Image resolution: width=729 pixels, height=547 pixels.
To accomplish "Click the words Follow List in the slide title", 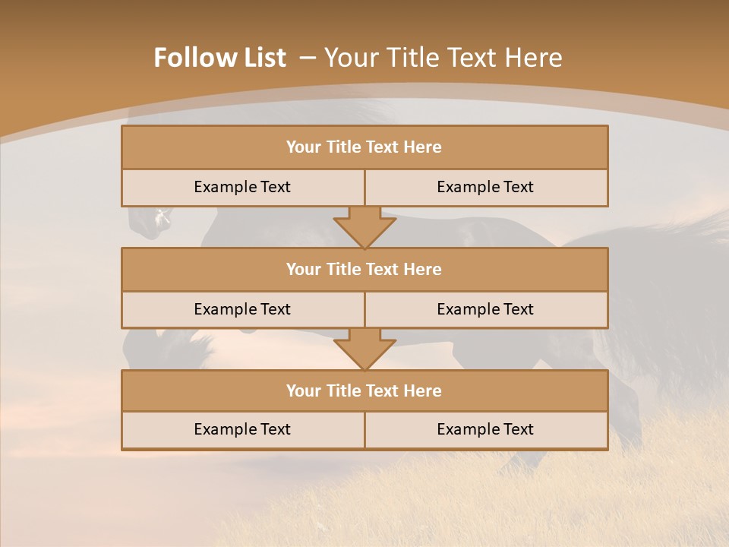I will click(220, 58).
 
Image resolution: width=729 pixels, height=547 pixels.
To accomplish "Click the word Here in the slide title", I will click(534, 58).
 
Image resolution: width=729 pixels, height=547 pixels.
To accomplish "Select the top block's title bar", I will click(364, 147).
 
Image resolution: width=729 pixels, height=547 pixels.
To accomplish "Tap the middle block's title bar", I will click(364, 269).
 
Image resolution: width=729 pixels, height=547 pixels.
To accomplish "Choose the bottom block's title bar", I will click(364, 390).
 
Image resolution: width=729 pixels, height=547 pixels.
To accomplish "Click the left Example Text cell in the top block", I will click(243, 187).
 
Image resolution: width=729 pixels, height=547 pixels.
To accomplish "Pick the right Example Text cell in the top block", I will click(486, 187).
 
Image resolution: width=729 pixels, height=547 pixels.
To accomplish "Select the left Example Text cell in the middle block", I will click(243, 309).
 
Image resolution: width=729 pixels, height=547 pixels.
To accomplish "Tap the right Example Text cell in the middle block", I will click(486, 309).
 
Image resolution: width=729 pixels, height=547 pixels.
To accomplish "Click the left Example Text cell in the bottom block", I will click(243, 429).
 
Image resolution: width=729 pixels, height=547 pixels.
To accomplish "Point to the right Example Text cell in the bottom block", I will click(486, 429).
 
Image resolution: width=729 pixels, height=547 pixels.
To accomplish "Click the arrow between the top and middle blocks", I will click(364, 227).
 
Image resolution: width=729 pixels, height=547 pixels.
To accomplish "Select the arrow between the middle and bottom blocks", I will click(364, 349).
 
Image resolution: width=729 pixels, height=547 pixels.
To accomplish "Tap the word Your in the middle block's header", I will click(304, 269).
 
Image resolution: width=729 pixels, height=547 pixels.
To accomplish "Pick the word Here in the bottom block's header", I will click(423, 390).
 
